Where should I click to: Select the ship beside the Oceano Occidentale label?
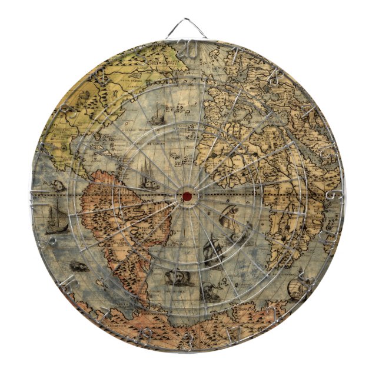[156, 115]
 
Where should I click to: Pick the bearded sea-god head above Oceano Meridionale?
[175, 277]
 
